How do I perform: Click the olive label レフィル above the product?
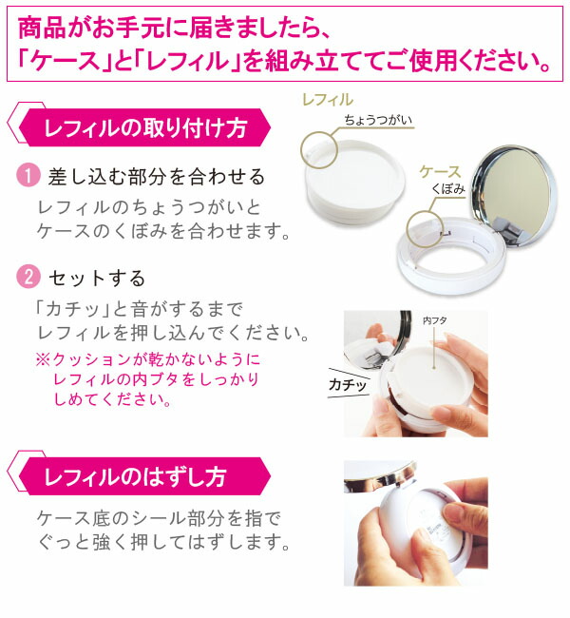pos(326,99)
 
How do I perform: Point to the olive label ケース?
pos(440,172)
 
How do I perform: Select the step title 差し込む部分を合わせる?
pos(156,177)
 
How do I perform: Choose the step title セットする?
pos(97,279)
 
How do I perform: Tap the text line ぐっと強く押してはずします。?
pos(160,544)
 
